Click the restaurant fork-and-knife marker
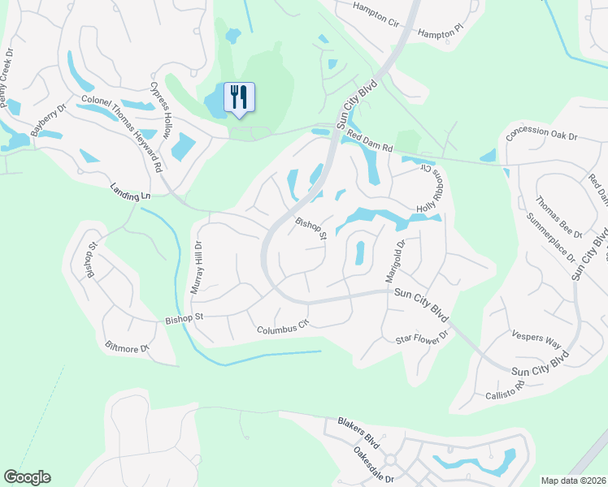coord(239,97)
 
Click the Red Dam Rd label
coord(371,142)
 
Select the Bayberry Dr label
coord(48,119)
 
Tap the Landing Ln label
coord(131,192)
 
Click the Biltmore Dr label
coord(128,347)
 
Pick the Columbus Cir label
coord(284,328)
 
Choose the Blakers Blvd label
coord(358,431)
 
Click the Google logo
coord(27,477)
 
